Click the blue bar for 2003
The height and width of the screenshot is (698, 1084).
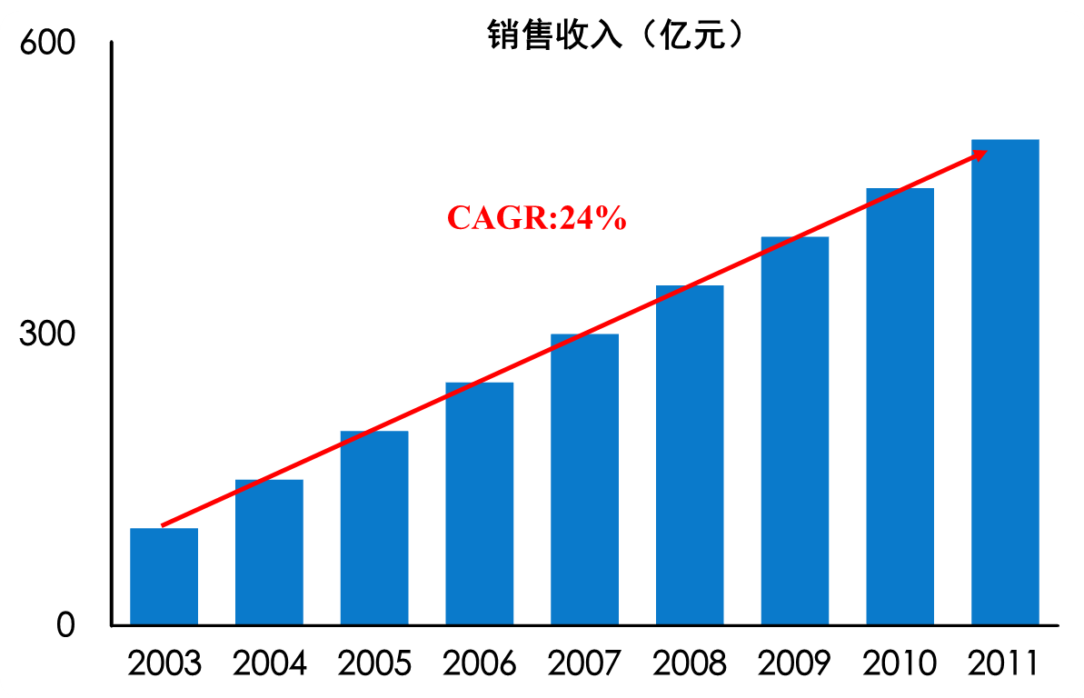tap(164, 576)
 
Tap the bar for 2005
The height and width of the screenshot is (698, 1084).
tap(374, 528)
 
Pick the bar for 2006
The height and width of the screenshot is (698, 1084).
tap(479, 504)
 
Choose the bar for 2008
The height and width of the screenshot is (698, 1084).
tap(690, 455)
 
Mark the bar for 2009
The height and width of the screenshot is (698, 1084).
tap(795, 431)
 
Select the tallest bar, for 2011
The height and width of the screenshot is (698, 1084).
tap(1005, 382)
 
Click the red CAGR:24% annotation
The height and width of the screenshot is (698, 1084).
tap(536, 218)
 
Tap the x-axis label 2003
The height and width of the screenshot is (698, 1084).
tap(164, 663)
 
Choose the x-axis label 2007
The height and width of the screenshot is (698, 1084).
tap(584, 663)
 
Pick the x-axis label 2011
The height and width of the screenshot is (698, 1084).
tap(1004, 663)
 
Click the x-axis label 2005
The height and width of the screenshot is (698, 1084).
tap(374, 663)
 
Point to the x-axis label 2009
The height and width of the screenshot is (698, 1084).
tap(795, 663)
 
